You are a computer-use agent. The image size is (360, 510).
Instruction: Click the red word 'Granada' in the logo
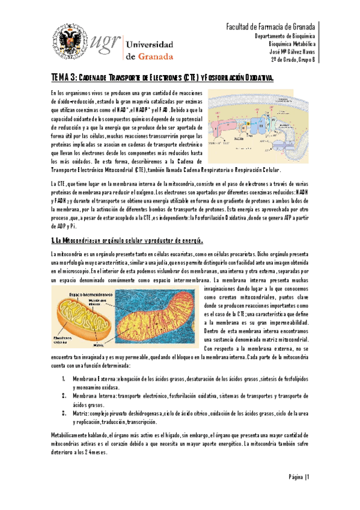coord(151,57)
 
